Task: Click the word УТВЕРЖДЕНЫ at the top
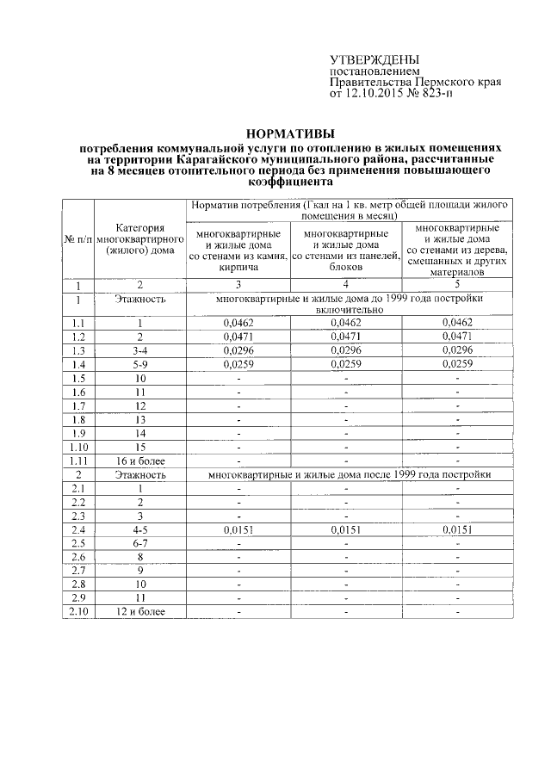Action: point(370,59)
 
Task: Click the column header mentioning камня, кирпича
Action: point(238,250)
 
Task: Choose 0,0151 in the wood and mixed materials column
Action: point(457,529)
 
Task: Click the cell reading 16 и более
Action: point(140,461)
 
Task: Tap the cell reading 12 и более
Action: point(140,612)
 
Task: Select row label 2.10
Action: point(79,612)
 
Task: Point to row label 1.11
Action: point(79,461)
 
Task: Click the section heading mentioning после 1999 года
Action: point(349,474)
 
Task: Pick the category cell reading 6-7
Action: point(140,543)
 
